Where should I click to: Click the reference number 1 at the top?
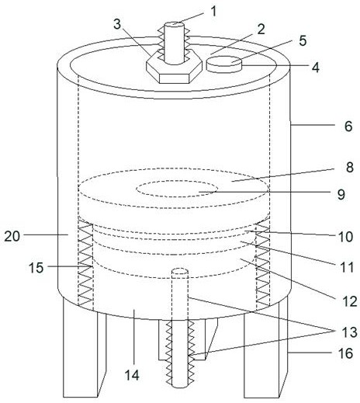point(213,12)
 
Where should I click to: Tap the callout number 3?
point(117,24)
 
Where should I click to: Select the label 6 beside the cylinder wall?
point(348,126)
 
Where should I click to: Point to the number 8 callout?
point(350,167)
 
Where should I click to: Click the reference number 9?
point(341,194)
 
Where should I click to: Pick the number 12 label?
point(350,301)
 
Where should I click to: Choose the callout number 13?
point(350,332)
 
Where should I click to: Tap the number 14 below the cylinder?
point(132,375)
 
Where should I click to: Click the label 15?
point(36,267)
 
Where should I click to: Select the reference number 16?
point(345,353)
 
